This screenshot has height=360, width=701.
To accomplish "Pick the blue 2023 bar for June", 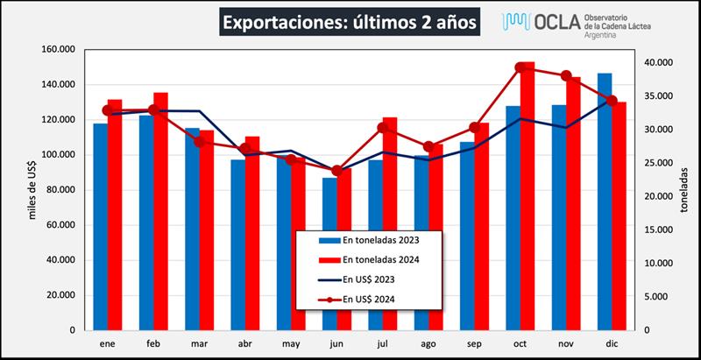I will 329,254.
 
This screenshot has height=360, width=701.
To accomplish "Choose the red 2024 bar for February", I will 160,210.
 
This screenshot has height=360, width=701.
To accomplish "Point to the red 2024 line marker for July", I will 382,128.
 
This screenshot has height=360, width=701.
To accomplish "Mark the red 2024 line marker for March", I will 199,142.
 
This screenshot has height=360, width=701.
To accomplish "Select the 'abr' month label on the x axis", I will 244,344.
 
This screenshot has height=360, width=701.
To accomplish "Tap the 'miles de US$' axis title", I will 32,190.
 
